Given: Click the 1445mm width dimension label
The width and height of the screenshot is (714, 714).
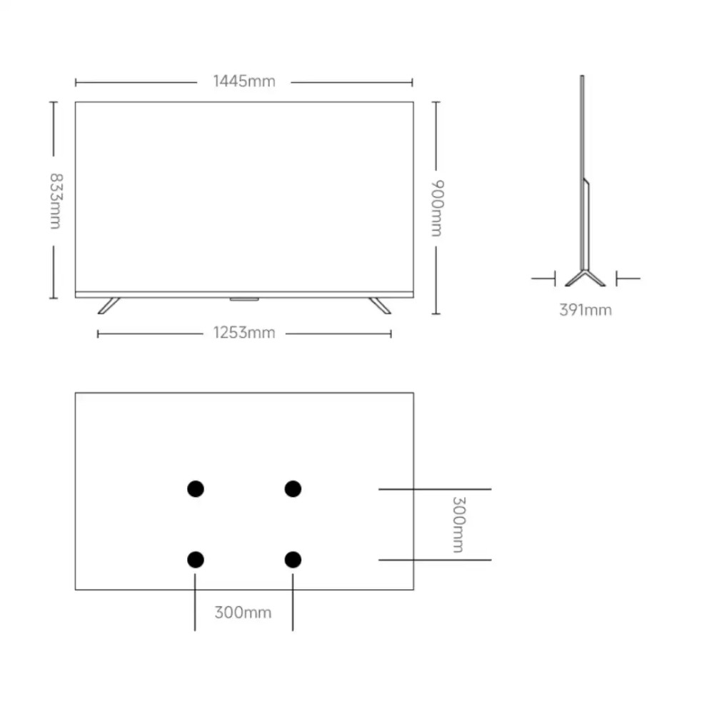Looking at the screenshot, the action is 244,81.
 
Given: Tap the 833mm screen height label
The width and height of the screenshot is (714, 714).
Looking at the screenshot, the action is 56,201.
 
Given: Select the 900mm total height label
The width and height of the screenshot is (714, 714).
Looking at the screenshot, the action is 437,208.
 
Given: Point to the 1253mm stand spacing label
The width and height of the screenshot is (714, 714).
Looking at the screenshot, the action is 244,333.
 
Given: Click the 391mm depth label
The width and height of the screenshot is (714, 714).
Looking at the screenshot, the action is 585,310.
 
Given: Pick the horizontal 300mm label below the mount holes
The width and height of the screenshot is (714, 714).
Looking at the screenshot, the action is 243,613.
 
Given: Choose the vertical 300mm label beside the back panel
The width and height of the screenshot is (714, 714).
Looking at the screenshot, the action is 458,525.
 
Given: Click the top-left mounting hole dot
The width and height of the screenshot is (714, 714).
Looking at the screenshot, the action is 196,489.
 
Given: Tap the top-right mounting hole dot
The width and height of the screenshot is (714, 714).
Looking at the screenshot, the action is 293,489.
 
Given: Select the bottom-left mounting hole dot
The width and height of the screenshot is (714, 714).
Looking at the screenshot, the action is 196,560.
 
